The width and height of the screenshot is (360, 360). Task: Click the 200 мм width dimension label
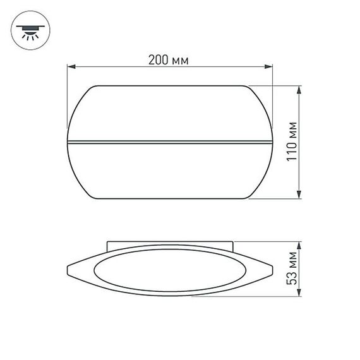pyautogui.click(x=169, y=61)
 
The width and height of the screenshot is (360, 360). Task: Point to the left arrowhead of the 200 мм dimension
pyautogui.click(x=71, y=66)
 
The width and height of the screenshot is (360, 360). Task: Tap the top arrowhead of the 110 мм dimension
pyautogui.click(x=297, y=89)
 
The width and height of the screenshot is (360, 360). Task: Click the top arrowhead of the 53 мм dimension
pyautogui.click(x=297, y=245)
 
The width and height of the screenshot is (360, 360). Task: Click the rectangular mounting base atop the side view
pyautogui.click(x=169, y=244)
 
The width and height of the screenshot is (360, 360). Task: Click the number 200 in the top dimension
pyautogui.click(x=159, y=61)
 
